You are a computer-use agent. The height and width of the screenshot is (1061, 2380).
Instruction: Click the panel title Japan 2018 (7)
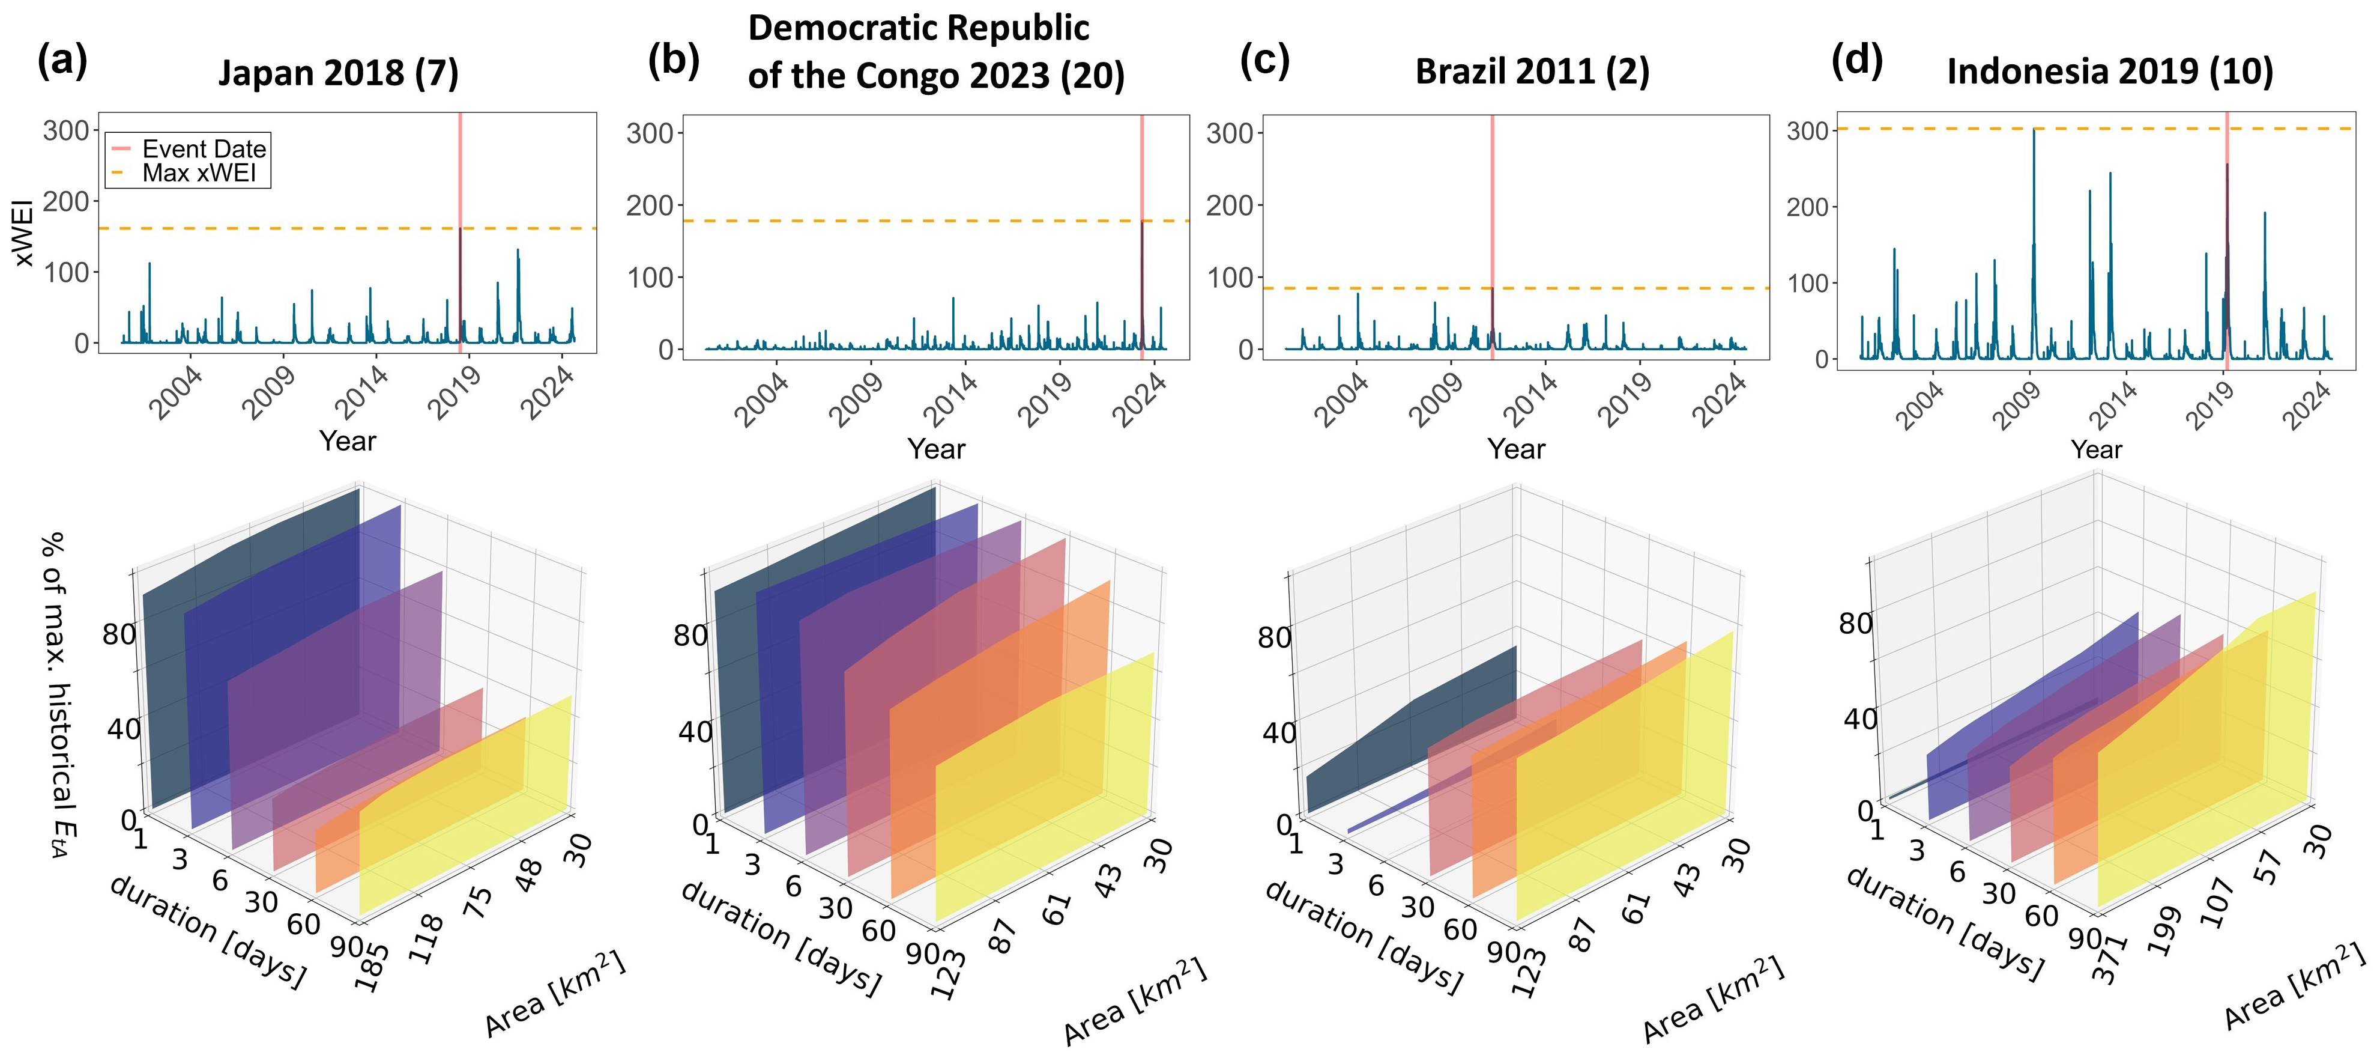coord(338,73)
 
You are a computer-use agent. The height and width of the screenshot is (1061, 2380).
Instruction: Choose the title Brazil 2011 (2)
coord(1532,72)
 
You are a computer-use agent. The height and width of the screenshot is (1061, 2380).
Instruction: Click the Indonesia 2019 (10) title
coord(2110,72)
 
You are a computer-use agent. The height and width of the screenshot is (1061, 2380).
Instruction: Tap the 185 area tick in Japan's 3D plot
coord(372,966)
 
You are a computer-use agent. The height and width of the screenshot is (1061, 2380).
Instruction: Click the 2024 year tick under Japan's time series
coord(549,393)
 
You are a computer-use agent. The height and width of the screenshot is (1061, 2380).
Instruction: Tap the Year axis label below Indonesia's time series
coord(2097,449)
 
